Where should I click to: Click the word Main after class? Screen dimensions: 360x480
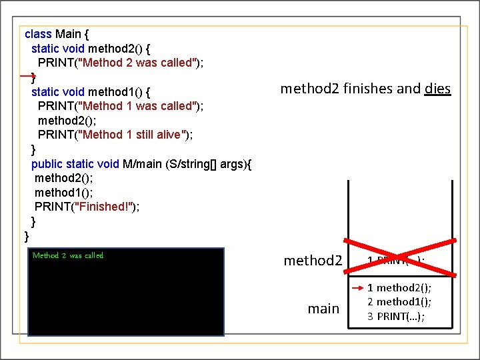point(69,33)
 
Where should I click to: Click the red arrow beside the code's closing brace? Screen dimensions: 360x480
point(29,77)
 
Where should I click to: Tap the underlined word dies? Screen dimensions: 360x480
point(437,89)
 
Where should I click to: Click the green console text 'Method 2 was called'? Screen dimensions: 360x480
point(67,255)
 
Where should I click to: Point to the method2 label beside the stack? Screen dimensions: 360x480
point(313,260)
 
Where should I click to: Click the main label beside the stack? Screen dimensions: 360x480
point(323,309)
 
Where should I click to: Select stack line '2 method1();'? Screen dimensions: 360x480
point(399,301)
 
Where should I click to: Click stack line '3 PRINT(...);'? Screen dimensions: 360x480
point(396,315)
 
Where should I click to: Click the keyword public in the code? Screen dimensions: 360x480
point(47,164)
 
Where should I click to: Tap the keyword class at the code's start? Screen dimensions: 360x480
point(38,33)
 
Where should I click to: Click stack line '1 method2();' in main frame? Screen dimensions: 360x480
point(399,287)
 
